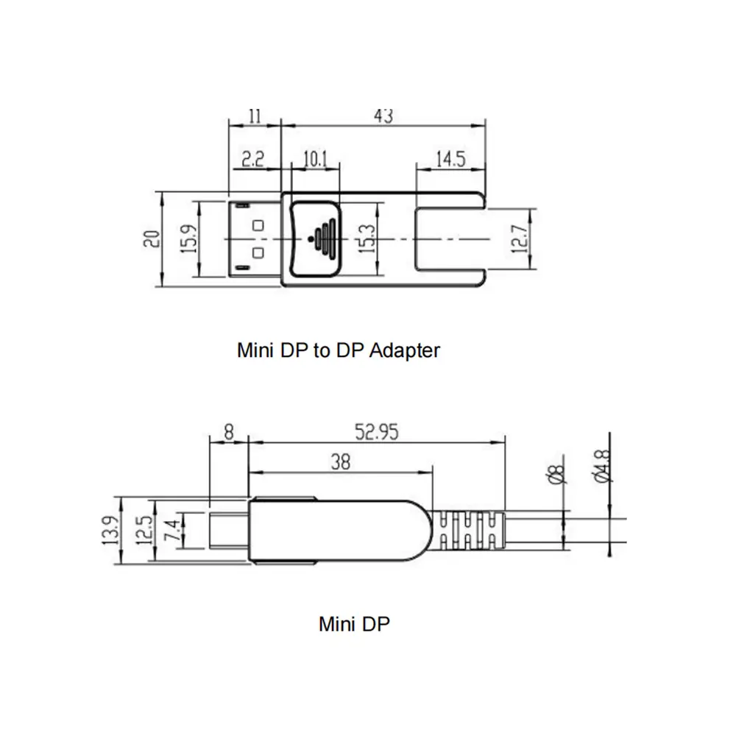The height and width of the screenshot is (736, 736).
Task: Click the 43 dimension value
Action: point(383,116)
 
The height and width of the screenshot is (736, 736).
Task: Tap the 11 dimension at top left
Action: point(255,116)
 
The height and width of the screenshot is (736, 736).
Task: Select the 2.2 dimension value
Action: point(252,159)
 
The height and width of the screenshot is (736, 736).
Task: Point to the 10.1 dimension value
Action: point(315,159)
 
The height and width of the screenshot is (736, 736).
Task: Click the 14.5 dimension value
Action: point(450,159)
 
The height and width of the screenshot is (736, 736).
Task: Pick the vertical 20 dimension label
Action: point(152,238)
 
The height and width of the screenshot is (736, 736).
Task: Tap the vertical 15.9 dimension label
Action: point(189,238)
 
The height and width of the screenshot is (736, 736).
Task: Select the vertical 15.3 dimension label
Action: point(366,239)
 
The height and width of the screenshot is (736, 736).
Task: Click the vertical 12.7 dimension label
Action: point(520,240)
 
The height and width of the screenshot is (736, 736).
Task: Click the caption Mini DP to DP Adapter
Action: point(338,350)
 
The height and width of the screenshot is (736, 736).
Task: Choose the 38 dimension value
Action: point(339,462)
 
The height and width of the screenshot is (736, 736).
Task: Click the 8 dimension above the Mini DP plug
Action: point(229,433)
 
